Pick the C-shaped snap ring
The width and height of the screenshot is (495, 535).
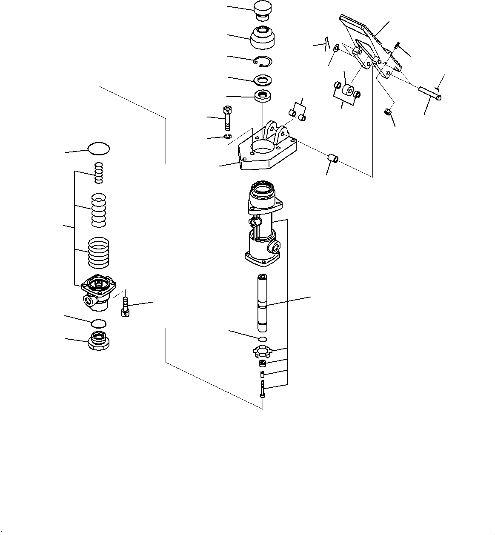[261, 62]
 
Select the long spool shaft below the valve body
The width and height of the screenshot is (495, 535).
[263, 303]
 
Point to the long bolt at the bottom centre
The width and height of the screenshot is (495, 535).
[263, 389]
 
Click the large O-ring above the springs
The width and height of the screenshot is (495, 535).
[99, 149]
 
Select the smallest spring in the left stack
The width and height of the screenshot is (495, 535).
[99, 173]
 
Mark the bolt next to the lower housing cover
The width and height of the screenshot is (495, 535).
[125, 307]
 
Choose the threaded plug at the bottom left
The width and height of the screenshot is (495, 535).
[99, 341]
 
